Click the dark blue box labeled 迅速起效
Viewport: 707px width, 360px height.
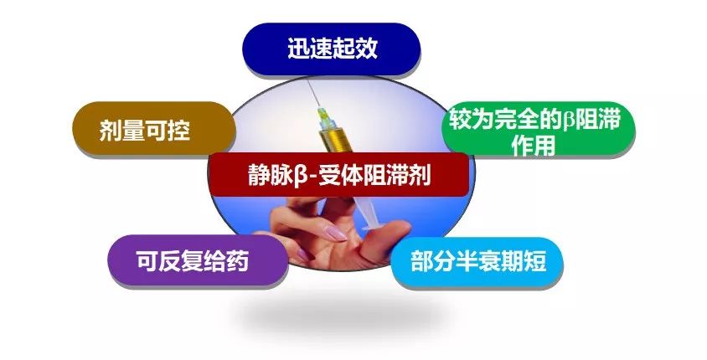pyautogui.click(x=331, y=48)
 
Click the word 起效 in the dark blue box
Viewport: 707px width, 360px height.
pyautogui.click(x=354, y=48)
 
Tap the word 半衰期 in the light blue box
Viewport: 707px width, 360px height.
pyautogui.click(x=489, y=263)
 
